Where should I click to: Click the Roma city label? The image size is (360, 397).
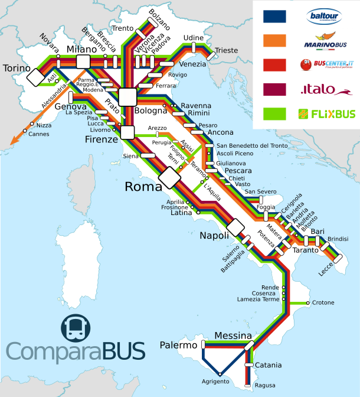143,187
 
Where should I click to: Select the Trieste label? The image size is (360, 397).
225,51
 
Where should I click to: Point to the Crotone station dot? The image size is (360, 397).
308,303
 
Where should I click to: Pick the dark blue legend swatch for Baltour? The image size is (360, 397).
274,17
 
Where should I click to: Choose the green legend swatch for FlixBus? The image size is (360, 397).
274,113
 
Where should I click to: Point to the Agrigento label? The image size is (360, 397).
215,381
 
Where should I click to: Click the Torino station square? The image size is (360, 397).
35,77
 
